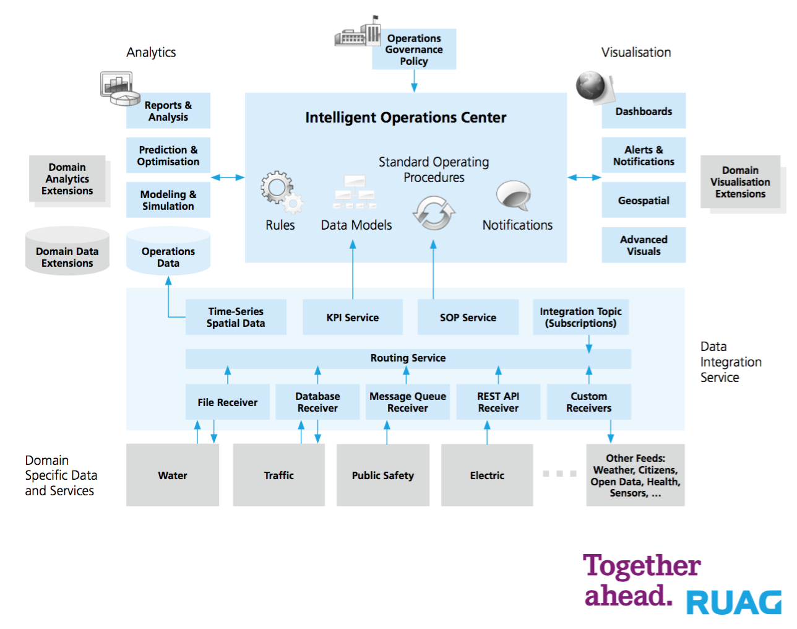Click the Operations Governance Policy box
pyautogui.click(x=414, y=49)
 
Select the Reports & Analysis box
pyautogui.click(x=168, y=110)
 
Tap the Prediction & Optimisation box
pyautogui.click(x=168, y=155)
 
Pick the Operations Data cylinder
pyautogui.click(x=168, y=251)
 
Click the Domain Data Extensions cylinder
pyautogui.click(x=67, y=251)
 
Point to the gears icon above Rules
pyautogui.click(x=282, y=192)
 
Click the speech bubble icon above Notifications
pyautogui.click(x=514, y=196)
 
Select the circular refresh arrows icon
pyautogui.click(x=434, y=213)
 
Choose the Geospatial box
pyautogui.click(x=644, y=200)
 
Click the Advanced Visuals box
pyautogui.click(x=644, y=245)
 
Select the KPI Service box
pyautogui.click(x=353, y=317)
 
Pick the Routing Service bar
pyautogui.click(x=408, y=358)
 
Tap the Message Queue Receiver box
pyautogui.click(x=408, y=402)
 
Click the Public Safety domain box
pyautogui.click(x=383, y=475)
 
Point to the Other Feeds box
pyautogui.click(x=635, y=475)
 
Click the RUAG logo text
pyautogui.click(x=734, y=602)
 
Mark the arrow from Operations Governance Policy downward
pyautogui.click(x=414, y=81)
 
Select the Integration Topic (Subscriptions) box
pyautogui.click(x=580, y=317)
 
